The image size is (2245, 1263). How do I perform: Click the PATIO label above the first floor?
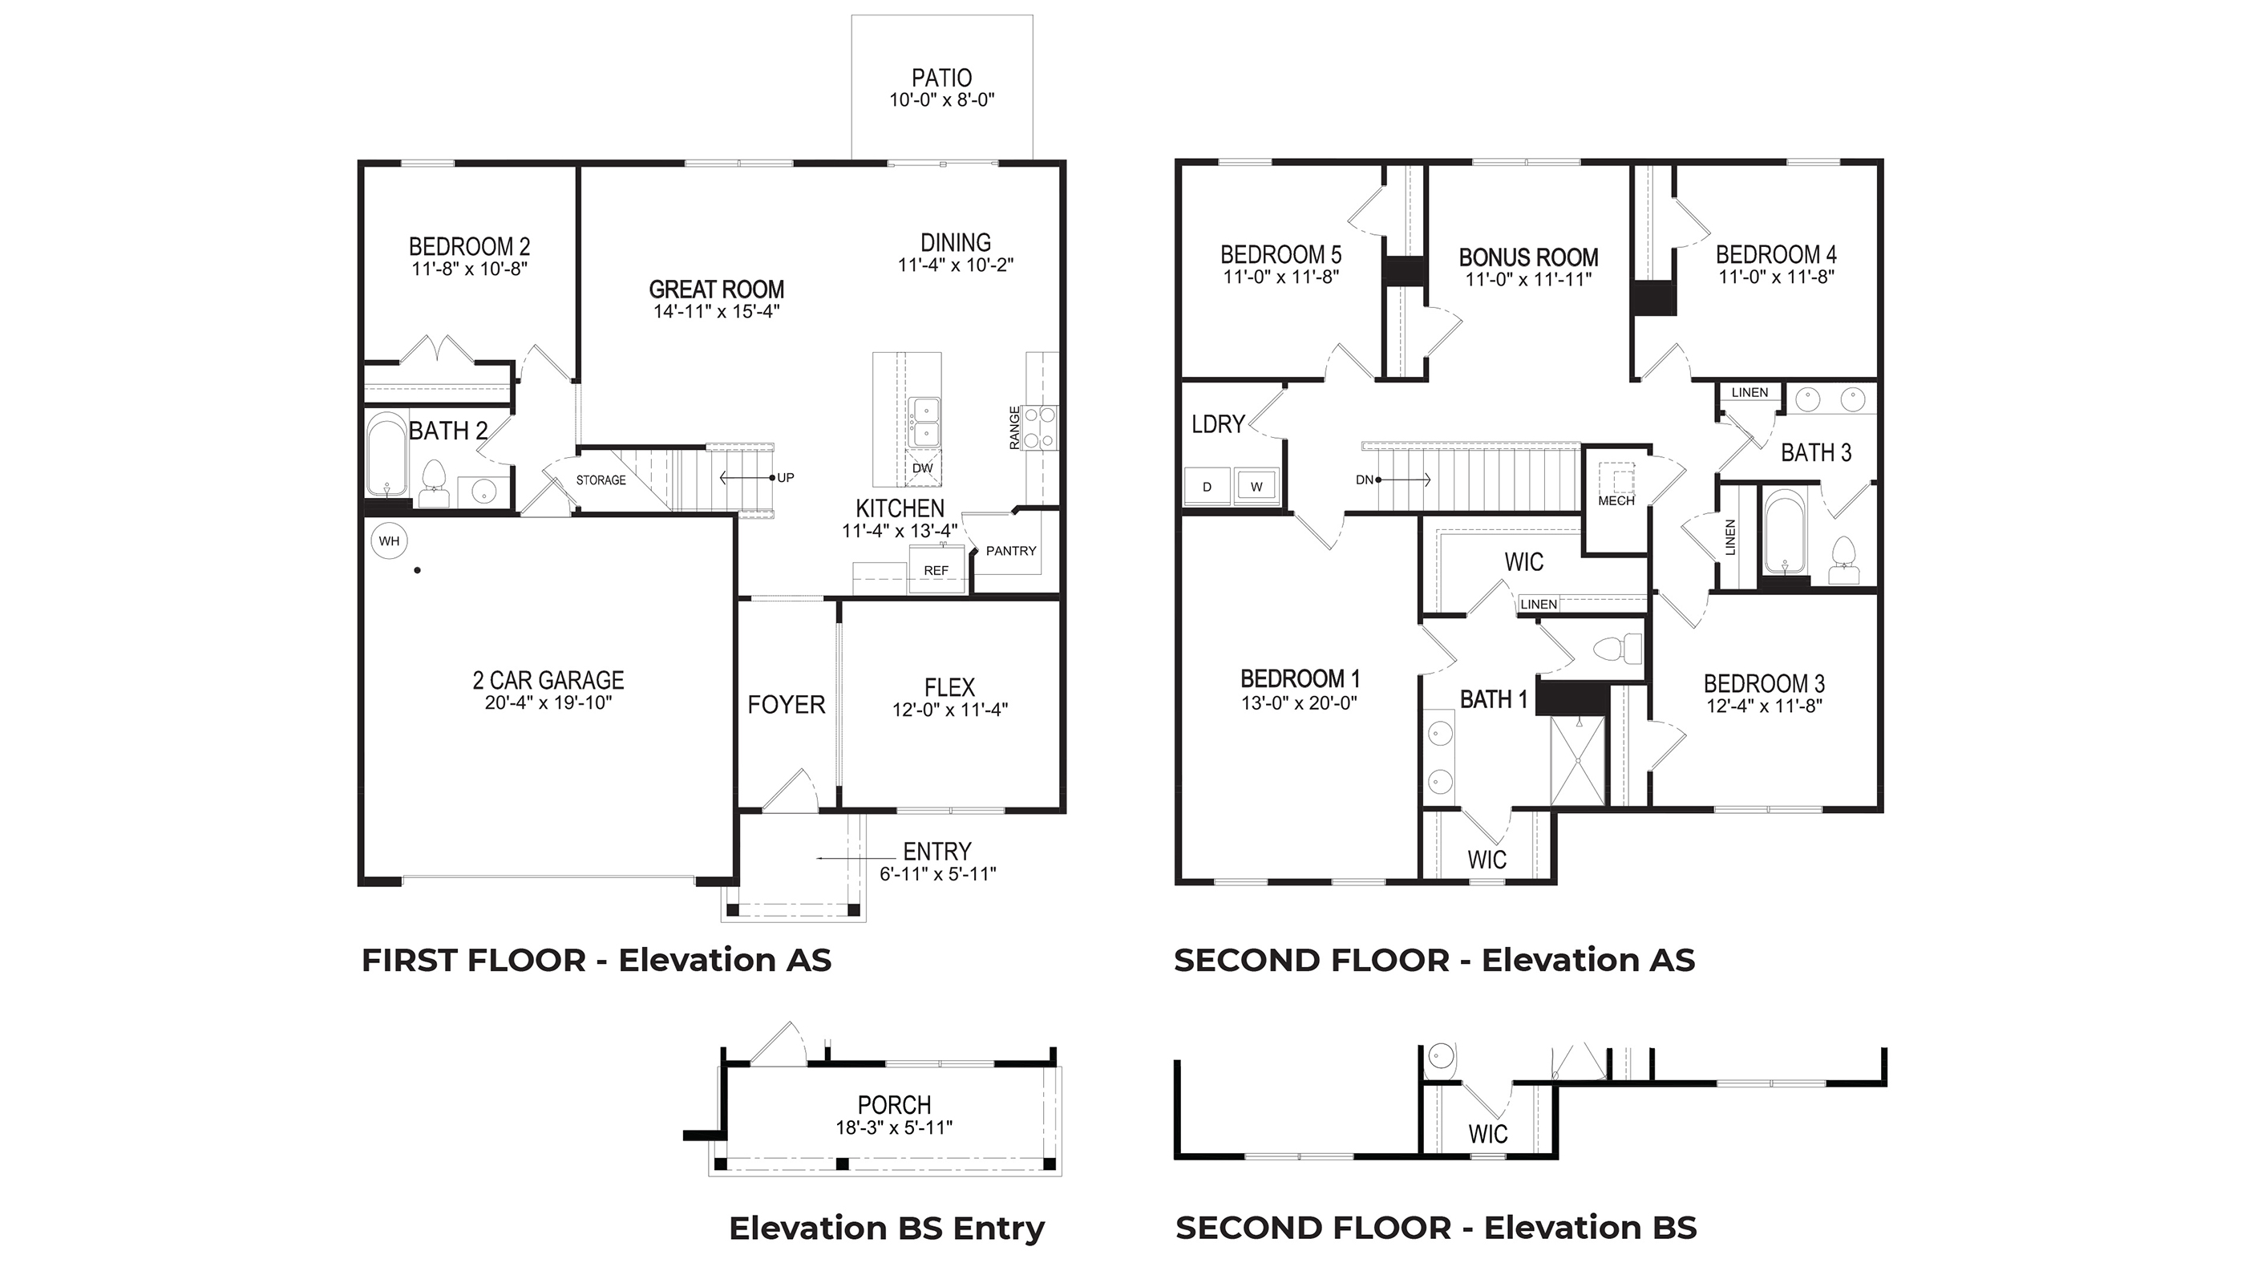[x=941, y=79]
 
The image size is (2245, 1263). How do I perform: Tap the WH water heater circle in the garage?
[x=389, y=541]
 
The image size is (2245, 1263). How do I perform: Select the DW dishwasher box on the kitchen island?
[x=922, y=468]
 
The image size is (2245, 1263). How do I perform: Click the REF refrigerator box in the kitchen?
[x=936, y=571]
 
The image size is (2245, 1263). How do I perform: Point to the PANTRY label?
[x=1011, y=551]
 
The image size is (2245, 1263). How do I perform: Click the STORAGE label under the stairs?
[x=601, y=480]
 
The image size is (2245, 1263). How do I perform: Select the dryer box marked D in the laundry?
[x=1207, y=487]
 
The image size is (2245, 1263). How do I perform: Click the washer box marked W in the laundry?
[x=1256, y=487]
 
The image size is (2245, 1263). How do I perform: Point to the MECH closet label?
[x=1616, y=501]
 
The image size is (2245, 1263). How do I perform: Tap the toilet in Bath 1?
[x=1616, y=649]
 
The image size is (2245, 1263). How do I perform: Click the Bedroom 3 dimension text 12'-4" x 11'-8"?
[x=1764, y=706]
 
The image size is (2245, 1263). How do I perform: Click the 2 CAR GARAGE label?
[x=548, y=680]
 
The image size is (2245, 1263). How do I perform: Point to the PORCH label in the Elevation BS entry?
[x=894, y=1105]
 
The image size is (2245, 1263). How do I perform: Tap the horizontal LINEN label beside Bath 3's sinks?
[x=1749, y=392]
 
